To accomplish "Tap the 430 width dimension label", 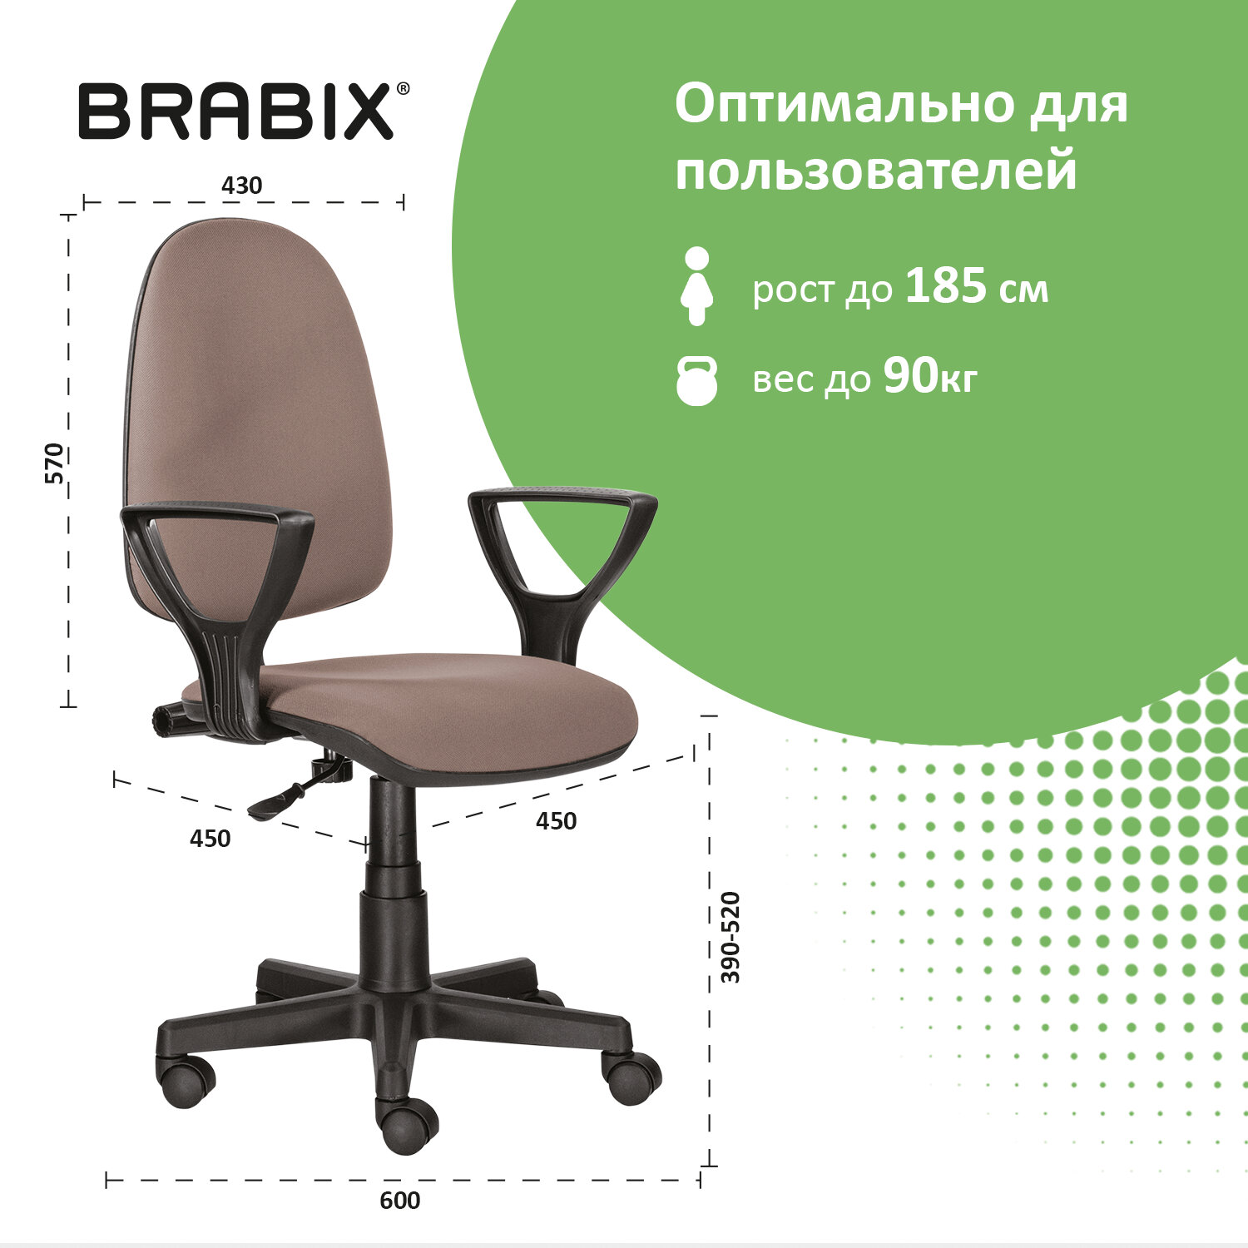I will [241, 186].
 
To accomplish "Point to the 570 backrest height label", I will [54, 463].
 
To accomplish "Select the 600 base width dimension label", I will [400, 1201].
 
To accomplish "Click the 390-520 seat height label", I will [730, 937].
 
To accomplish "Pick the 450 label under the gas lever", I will [210, 839].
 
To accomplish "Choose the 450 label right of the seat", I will [556, 821].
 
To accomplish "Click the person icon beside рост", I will [696, 285].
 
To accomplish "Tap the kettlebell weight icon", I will [696, 381].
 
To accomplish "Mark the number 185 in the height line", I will [946, 286].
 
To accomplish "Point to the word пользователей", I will [875, 171].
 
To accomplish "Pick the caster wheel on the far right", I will [632, 1077].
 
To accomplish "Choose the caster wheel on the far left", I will [186, 1081].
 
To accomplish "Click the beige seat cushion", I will [449, 707].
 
